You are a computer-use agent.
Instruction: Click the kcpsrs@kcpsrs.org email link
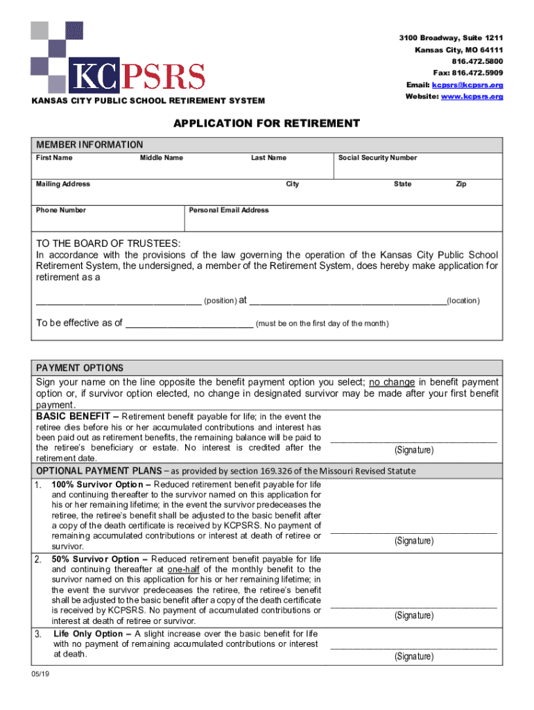click(467, 85)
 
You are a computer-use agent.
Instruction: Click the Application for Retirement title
click(266, 124)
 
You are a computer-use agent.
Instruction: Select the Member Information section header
click(89, 145)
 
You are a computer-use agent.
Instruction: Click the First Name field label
click(54, 158)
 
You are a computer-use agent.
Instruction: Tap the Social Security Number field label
click(377, 158)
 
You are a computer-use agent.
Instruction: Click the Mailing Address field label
click(63, 184)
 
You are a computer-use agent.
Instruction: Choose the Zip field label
click(460, 184)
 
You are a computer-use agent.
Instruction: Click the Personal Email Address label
click(228, 210)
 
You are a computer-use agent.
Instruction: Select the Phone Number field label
click(61, 210)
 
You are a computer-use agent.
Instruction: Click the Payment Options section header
click(80, 367)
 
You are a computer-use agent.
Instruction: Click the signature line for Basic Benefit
click(413, 441)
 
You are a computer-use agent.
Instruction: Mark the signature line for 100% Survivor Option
click(413, 532)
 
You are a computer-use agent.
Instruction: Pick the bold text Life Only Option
click(92, 634)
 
